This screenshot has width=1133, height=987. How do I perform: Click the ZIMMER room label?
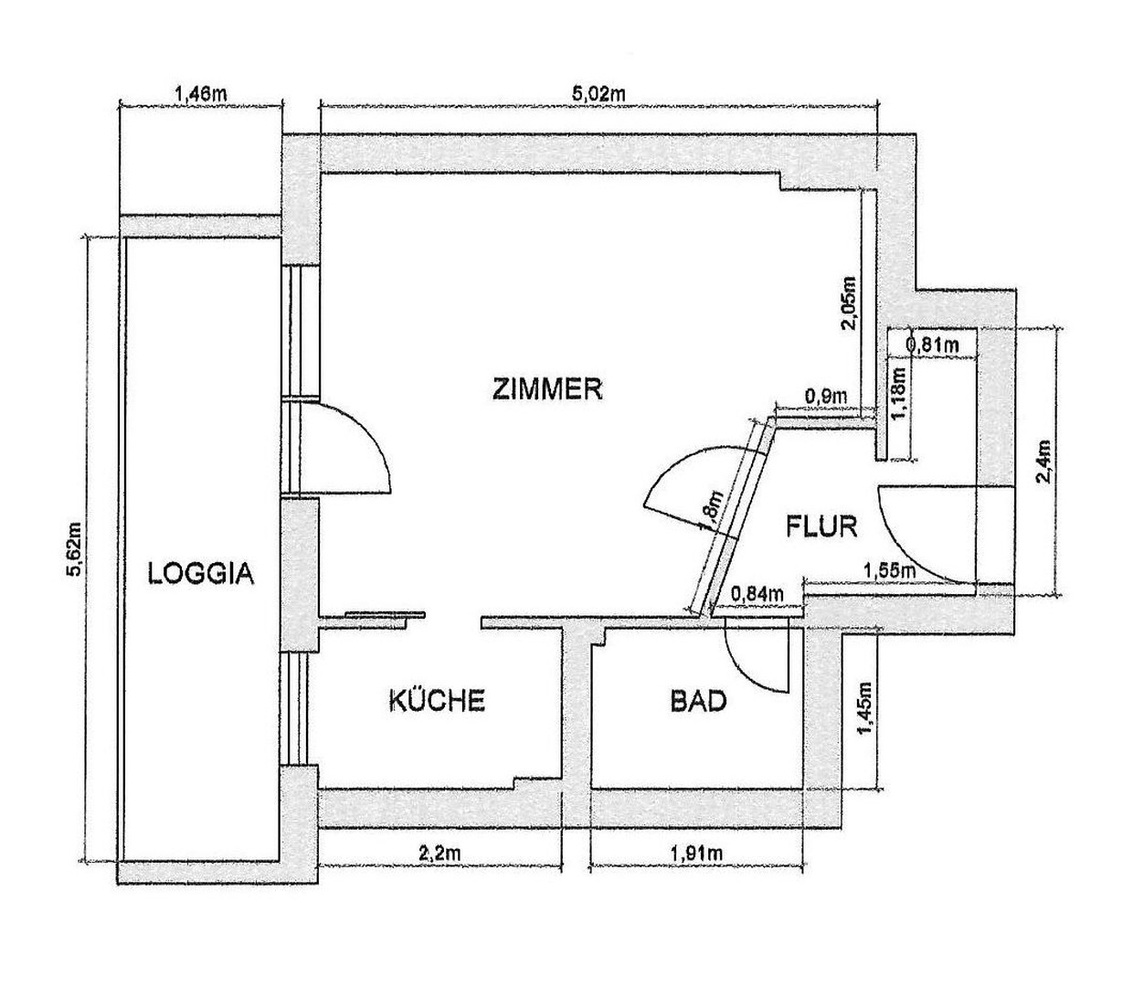[547, 389]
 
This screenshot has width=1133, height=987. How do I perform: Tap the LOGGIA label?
[201, 574]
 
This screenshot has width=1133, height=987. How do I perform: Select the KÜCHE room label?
[436, 701]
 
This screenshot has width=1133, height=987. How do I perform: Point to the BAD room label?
[698, 701]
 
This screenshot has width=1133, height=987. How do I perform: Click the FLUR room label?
[821, 526]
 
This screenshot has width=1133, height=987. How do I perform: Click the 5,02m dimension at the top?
[598, 92]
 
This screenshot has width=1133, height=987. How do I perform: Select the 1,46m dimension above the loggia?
[199, 92]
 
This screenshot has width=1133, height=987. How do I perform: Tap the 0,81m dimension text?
[932, 345]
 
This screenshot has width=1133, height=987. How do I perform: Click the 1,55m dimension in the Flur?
[889, 570]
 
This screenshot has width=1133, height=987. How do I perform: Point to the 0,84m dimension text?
[757, 595]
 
